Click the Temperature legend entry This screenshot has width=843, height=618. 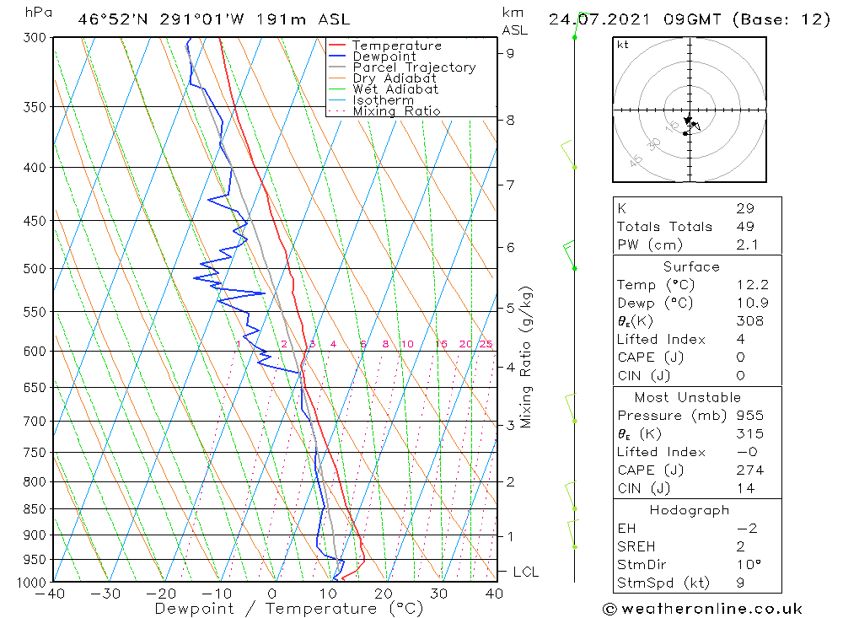[x=396, y=46]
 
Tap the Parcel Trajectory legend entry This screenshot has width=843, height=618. [x=414, y=67]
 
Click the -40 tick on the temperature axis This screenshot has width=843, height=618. [x=51, y=593]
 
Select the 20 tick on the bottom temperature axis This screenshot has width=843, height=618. [x=384, y=593]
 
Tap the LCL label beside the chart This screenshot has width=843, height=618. [x=526, y=572]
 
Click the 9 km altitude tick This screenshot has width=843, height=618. [x=510, y=52]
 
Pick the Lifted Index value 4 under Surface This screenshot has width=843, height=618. [x=739, y=339]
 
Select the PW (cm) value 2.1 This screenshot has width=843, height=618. [x=747, y=245]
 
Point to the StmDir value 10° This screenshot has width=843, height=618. [x=747, y=565]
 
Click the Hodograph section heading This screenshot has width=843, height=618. [x=690, y=510]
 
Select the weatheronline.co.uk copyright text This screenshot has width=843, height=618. [x=702, y=609]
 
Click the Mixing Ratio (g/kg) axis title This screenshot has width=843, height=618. [x=527, y=357]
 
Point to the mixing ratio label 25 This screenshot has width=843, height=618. [x=486, y=344]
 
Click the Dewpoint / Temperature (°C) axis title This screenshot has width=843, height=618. [x=288, y=608]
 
